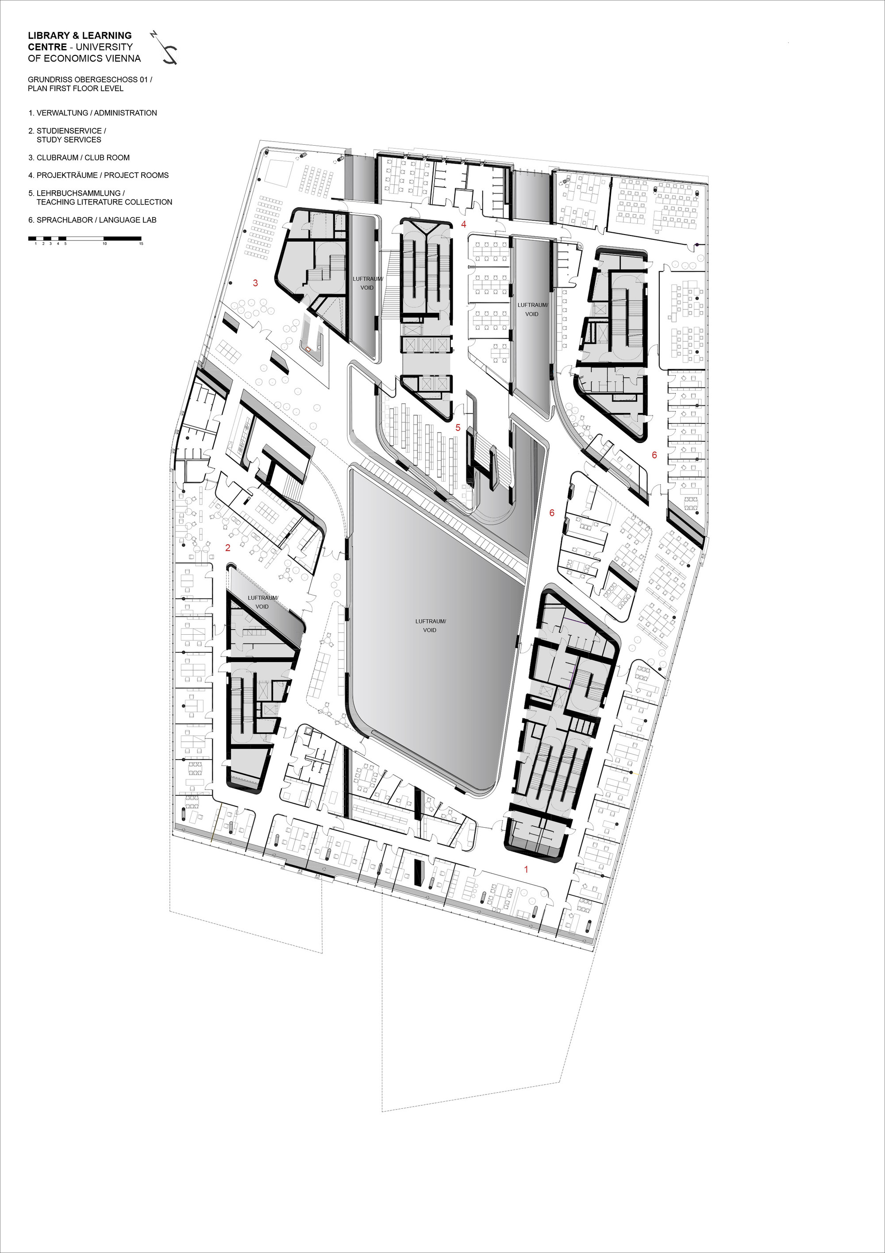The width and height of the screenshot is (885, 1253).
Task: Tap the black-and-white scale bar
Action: coord(85,239)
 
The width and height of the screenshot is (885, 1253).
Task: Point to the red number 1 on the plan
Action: coord(526,869)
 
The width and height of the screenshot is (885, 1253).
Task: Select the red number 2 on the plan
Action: coord(228,547)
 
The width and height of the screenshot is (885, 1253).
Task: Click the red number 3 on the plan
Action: coord(255,283)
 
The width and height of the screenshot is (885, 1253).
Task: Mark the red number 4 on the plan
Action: coord(464,224)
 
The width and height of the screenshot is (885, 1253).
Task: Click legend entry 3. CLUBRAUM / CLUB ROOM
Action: coord(79,158)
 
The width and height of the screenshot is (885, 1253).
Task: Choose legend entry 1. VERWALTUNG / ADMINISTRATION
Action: coord(93,113)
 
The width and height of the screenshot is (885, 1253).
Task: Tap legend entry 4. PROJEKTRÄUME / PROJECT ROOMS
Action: coord(99,175)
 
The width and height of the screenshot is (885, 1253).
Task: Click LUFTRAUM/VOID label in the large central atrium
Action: coord(430,625)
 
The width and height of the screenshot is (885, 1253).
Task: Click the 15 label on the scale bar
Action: coord(141,243)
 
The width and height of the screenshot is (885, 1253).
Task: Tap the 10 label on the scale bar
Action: coord(104,243)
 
